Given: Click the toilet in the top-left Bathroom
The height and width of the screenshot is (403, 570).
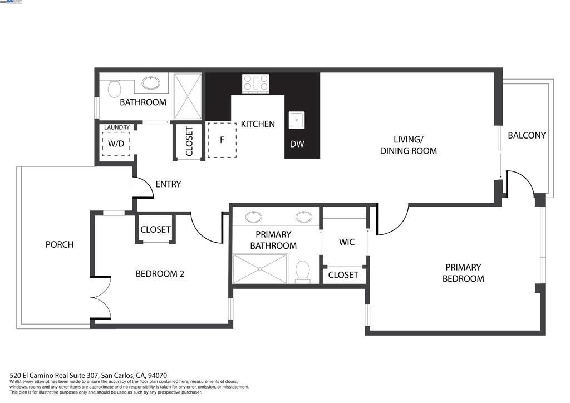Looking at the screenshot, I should pyautogui.click(x=115, y=87).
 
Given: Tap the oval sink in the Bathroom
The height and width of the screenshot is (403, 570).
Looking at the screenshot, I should pyautogui.click(x=150, y=83).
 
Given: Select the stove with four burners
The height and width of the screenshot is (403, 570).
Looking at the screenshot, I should pyautogui.click(x=255, y=83).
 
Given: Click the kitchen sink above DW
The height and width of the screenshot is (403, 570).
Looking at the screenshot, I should pyautogui.click(x=296, y=120).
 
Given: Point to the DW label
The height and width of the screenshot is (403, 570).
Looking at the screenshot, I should pyautogui.click(x=297, y=144).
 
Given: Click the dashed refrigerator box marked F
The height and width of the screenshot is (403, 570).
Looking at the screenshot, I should pyautogui.click(x=222, y=140).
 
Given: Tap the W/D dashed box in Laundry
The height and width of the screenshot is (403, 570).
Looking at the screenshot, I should pyautogui.click(x=116, y=144).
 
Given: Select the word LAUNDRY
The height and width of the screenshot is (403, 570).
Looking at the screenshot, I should pyautogui.click(x=117, y=127).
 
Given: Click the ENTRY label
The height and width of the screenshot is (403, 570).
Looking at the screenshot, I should pyautogui.click(x=168, y=184).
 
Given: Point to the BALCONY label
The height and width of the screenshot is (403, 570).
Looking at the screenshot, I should pyautogui.click(x=527, y=135).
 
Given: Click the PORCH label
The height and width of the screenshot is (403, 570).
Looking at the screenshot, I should pyautogui.click(x=59, y=244).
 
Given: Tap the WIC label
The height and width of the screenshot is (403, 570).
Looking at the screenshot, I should pyautogui.click(x=347, y=242).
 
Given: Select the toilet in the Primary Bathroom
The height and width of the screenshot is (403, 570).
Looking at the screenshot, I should pyautogui.click(x=303, y=271).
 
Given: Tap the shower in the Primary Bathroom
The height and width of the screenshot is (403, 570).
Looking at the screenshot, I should pyautogui.click(x=260, y=268).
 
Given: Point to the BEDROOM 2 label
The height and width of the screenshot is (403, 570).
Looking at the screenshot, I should pyautogui.click(x=160, y=274).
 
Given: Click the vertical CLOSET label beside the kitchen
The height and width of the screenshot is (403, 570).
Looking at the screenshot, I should pyautogui.click(x=189, y=141).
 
